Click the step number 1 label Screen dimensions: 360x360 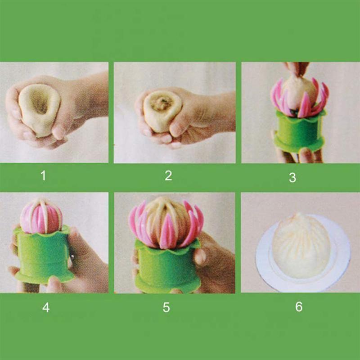pyautogui.click(x=43, y=175)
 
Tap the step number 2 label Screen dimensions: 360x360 pyautogui.click(x=168, y=175)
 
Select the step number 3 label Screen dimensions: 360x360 pyautogui.click(x=292, y=178)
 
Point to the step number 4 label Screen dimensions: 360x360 pyautogui.click(x=46, y=308)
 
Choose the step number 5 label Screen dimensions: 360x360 pyautogui.click(x=166, y=308)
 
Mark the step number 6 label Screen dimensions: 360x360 pyautogui.click(x=299, y=307)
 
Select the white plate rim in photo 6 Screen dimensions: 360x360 pyautogui.click(x=265, y=270)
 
